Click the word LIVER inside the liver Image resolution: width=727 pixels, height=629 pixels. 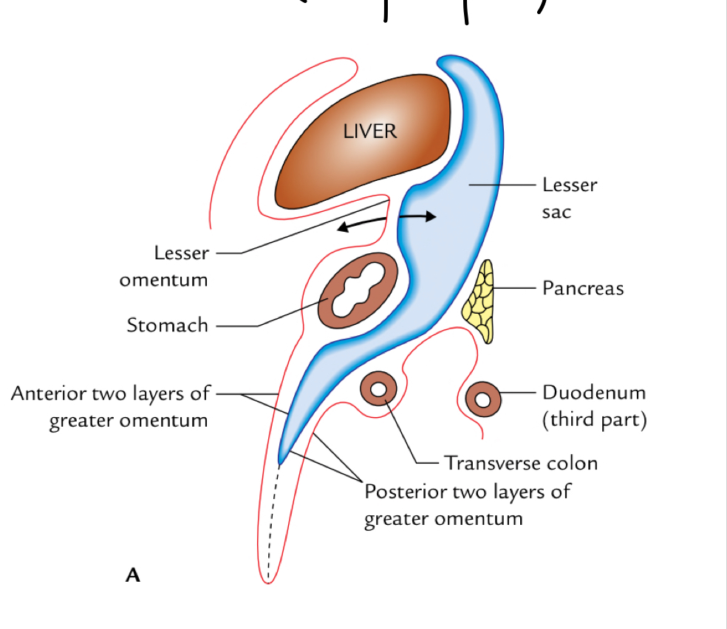[x=370, y=131]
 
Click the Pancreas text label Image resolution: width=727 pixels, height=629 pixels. [x=583, y=288]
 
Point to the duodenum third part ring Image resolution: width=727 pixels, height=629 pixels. [x=482, y=399]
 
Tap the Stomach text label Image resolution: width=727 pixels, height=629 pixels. [x=167, y=325]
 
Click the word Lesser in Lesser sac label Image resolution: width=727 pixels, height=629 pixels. [x=570, y=185]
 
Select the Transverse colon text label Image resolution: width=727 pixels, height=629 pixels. [x=520, y=463]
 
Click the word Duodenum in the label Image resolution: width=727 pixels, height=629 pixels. [x=593, y=392]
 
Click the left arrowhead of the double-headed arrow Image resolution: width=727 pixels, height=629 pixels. [x=341, y=227]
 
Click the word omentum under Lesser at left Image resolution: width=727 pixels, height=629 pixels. [x=163, y=280]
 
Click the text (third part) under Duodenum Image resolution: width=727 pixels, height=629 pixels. [x=595, y=419]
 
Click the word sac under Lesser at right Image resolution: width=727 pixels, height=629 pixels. [x=557, y=212]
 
